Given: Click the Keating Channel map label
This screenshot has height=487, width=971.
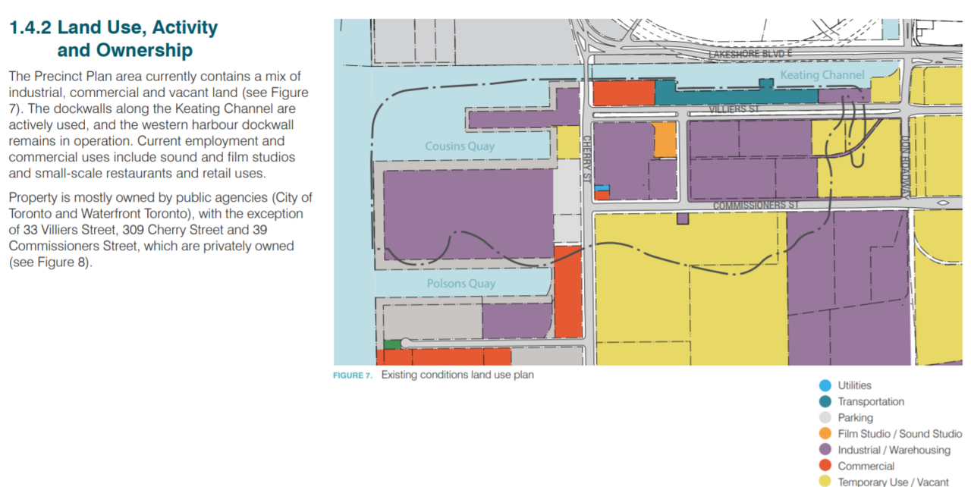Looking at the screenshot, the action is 822,75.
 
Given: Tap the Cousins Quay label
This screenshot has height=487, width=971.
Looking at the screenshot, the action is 460,146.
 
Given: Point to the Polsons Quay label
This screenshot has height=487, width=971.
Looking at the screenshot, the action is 460,284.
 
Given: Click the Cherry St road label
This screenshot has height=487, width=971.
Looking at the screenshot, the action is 586,159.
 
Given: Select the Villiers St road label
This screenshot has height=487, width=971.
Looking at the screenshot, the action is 734,108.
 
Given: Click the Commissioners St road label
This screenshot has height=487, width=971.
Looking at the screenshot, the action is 756,205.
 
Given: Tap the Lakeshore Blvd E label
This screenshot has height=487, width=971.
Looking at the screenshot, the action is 750,54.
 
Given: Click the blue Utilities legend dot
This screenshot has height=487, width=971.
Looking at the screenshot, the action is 825,385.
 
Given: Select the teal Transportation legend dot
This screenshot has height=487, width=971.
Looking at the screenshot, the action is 825,401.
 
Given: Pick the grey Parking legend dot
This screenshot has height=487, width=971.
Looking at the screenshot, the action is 825,418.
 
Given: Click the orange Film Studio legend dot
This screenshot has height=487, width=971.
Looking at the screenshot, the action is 825,434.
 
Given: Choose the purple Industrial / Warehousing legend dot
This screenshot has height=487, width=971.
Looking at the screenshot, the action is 825,450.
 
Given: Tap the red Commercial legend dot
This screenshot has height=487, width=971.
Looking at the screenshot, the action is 825,466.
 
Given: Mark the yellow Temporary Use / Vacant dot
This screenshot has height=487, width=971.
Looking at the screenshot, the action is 825,482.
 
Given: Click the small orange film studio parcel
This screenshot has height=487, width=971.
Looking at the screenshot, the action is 665,140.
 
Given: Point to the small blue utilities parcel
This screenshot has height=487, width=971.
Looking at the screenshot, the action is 602,188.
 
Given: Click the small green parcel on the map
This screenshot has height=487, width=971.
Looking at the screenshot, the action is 392,345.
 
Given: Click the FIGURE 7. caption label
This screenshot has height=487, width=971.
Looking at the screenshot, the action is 353,375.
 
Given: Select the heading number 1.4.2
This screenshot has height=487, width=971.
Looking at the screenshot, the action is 30,27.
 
